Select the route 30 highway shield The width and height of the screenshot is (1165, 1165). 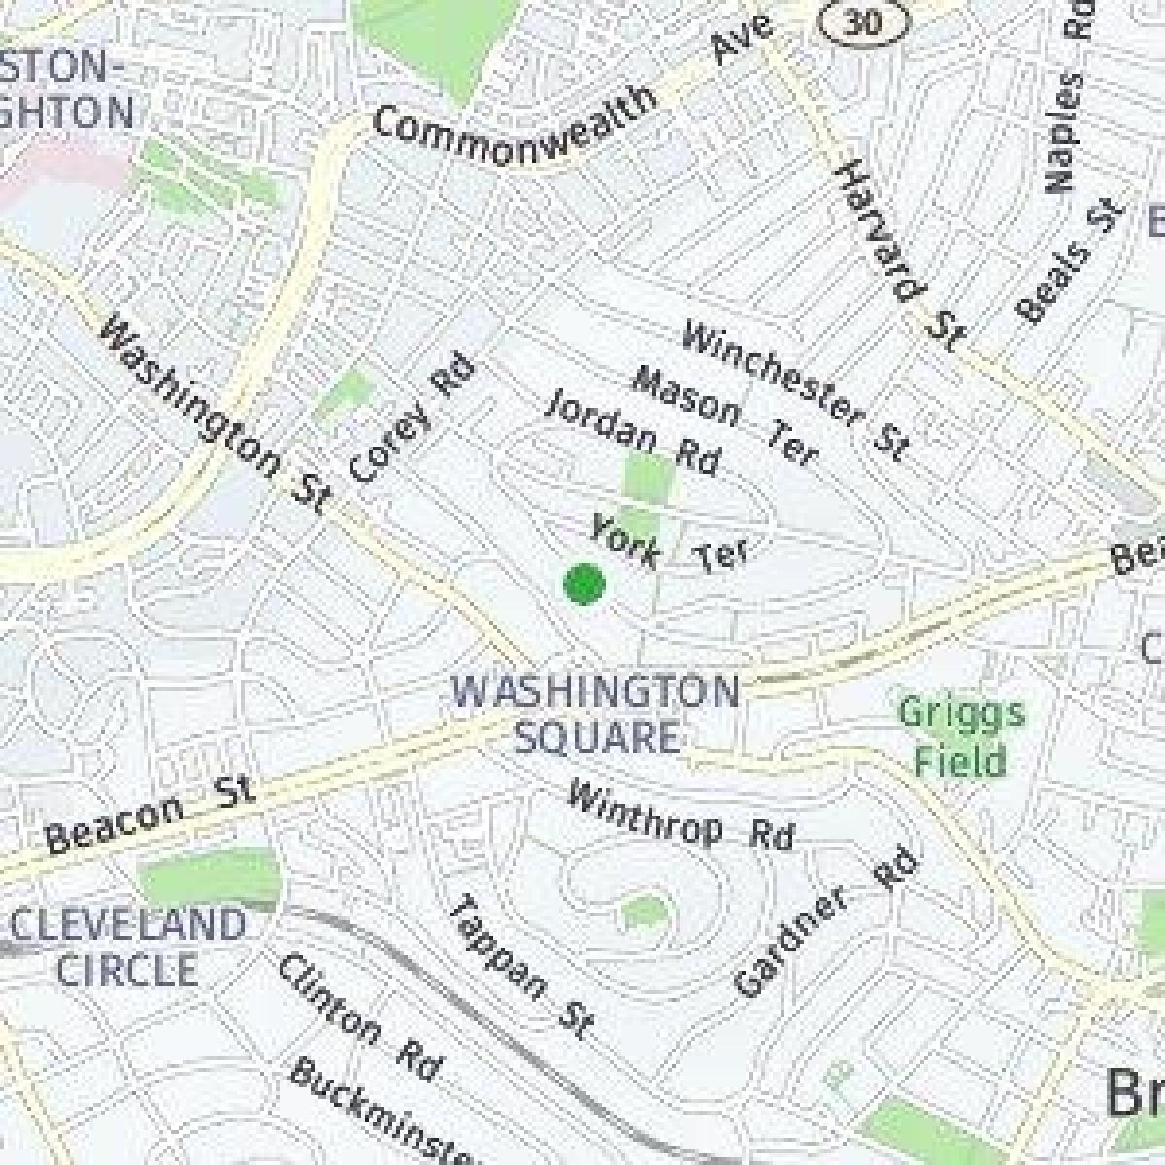click(861, 21)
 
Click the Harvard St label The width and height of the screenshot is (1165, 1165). click(900, 254)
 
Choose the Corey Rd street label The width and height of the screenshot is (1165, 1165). click(412, 418)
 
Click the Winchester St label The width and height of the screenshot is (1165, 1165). click(794, 391)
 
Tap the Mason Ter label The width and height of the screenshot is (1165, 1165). click(724, 416)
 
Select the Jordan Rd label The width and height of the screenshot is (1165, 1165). click(633, 434)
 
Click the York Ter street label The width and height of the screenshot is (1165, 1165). click(669, 545)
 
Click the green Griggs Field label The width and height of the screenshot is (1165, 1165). click(960, 737)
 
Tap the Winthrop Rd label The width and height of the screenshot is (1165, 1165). click(680, 816)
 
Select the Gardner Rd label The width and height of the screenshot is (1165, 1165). click(826, 923)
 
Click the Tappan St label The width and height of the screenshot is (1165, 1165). click(519, 967)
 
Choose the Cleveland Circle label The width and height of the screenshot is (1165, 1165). click(127, 947)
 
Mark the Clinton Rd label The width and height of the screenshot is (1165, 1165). click(358, 1016)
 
